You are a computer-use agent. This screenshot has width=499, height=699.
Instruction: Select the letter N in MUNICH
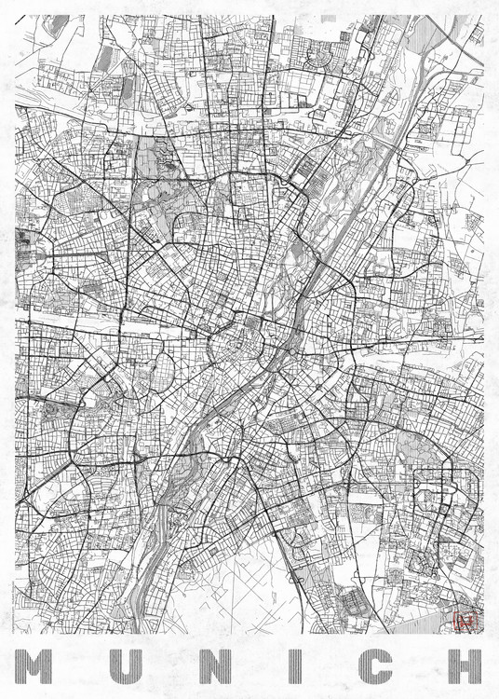point(208,665)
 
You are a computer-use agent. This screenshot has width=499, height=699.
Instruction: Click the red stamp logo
point(463,621)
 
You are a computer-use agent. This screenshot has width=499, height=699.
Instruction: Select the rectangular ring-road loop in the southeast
point(438,503)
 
